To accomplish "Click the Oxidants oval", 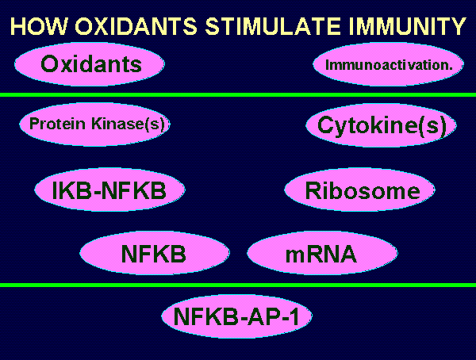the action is coord(90,64).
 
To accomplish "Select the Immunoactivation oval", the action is coord(388,64).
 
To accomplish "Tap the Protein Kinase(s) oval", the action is coord(94,124).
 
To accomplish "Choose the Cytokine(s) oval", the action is coord(381,125).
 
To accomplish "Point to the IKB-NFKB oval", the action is coord(109,190).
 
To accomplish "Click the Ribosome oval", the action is coord(359,190).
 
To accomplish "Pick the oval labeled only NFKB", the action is coord(155,253).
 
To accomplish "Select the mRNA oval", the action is coord(322,253).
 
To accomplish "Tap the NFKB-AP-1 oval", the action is coord(236,316).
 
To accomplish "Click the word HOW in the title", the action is coord(39,26).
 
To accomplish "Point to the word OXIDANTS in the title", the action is coord(136,26).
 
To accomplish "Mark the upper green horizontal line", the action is coord(238,94).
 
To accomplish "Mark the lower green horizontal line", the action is coord(238,285).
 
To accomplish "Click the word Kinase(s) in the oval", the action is coord(128,124).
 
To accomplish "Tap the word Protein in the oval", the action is coord(57,124).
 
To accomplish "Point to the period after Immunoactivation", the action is coord(451,69).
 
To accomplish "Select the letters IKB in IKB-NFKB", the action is coord(71,190).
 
